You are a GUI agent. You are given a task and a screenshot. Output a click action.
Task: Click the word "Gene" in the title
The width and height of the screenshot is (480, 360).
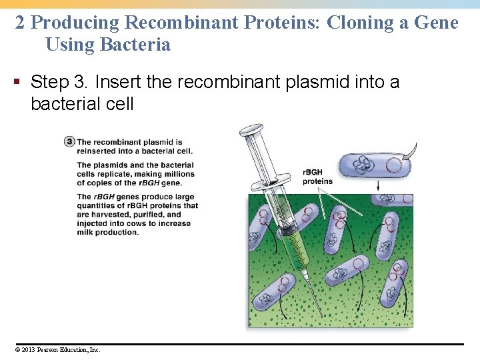pyautogui.click(x=436, y=23)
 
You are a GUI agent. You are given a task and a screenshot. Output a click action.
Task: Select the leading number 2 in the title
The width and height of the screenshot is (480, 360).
pyautogui.click(x=20, y=23)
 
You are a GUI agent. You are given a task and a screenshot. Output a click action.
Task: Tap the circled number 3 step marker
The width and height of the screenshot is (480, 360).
pyautogui.click(x=70, y=141)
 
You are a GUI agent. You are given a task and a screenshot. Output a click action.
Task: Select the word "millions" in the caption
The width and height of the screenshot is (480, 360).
pyautogui.click(x=176, y=174)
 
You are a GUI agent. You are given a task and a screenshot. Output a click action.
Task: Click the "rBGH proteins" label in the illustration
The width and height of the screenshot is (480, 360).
pyautogui.click(x=317, y=177)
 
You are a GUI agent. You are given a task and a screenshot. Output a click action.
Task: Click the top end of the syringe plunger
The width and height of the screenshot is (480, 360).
pyautogui.click(x=251, y=127)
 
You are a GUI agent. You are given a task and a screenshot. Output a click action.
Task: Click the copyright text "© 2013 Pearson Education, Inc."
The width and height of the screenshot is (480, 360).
pyautogui.click(x=56, y=349)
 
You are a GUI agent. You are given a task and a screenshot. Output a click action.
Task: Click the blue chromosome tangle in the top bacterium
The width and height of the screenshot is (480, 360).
pyautogui.click(x=364, y=166)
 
